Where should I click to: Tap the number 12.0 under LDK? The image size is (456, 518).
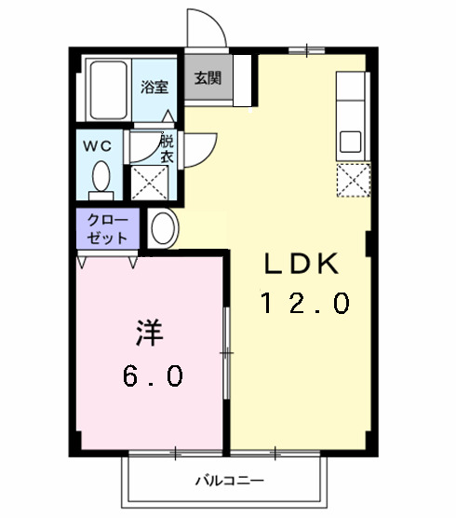click(x=304, y=304)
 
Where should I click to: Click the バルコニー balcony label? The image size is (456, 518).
click(x=226, y=482)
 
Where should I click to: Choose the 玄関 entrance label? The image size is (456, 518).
click(x=207, y=78)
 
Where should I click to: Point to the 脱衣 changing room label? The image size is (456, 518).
click(x=167, y=150)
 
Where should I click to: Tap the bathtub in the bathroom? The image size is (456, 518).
click(x=110, y=89)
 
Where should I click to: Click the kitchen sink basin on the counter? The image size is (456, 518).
click(x=351, y=143)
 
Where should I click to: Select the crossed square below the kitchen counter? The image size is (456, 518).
click(x=352, y=180)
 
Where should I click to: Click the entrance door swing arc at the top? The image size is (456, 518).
click(x=204, y=26)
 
